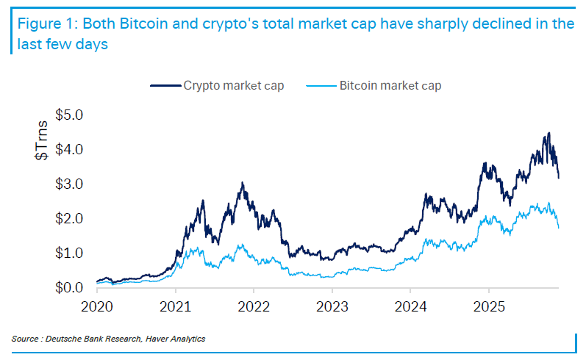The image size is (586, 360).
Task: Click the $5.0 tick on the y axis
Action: coord(71,115)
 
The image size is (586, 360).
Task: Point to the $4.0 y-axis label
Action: coord(71,149)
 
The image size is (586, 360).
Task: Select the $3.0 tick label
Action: coord(71,184)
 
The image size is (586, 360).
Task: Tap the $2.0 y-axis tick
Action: coord(71,218)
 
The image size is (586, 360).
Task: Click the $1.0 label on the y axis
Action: coord(71,253)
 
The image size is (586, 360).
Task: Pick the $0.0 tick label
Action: coord(71,287)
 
